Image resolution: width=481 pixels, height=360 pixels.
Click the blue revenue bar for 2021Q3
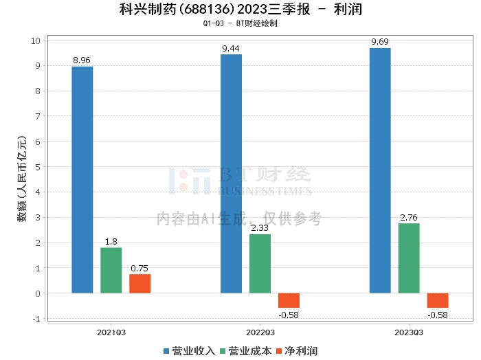(x=82, y=180)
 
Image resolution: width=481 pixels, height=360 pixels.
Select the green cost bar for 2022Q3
(x=260, y=264)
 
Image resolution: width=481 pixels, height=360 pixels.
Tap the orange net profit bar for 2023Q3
(x=438, y=300)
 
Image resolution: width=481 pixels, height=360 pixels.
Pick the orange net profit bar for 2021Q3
(x=140, y=284)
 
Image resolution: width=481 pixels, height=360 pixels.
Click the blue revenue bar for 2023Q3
(x=380, y=170)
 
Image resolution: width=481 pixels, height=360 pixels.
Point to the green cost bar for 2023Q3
(x=409, y=258)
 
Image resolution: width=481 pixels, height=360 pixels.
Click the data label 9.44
(x=231, y=49)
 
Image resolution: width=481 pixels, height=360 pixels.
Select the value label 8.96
(x=82, y=60)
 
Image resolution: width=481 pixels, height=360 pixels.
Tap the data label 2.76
(x=409, y=217)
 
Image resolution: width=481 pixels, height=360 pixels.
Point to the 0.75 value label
(x=139, y=269)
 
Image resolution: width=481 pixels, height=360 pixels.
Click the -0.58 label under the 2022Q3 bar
(x=289, y=315)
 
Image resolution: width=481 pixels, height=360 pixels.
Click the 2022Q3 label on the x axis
(x=260, y=333)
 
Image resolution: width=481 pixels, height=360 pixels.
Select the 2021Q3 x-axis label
(x=111, y=333)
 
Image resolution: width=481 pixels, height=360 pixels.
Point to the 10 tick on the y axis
(x=36, y=41)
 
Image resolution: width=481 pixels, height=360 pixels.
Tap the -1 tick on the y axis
(x=36, y=319)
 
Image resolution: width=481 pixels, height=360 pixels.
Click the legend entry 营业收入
(x=189, y=351)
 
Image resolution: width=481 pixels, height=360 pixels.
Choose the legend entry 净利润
(x=297, y=351)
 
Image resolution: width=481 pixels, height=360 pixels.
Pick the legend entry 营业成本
(x=246, y=351)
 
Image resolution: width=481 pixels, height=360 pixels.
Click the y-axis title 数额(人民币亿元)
(x=22, y=179)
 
